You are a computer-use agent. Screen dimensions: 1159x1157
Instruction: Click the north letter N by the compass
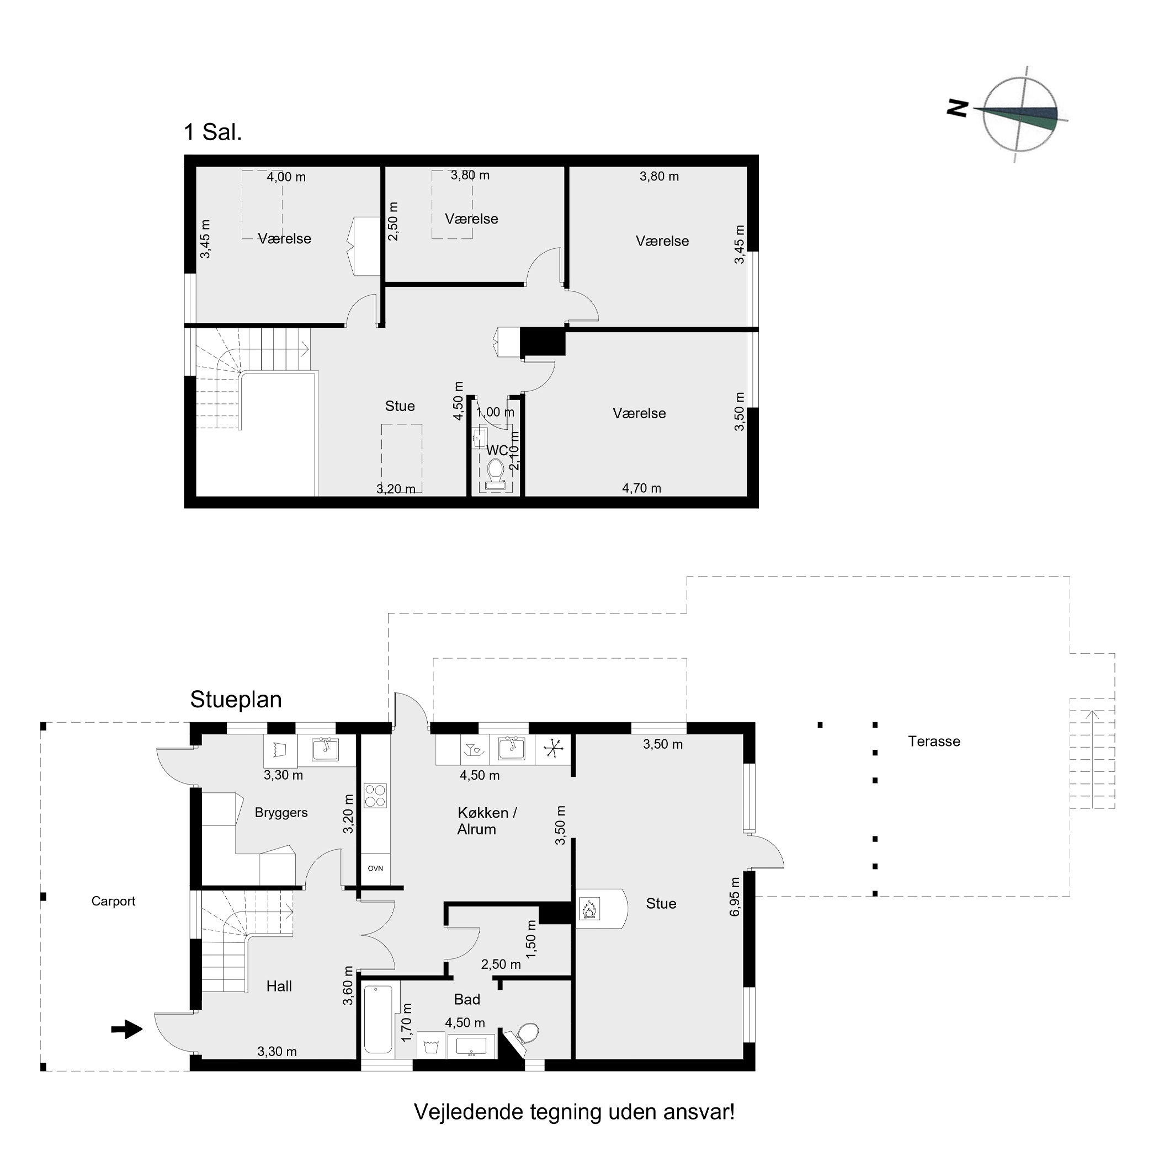pyautogui.click(x=958, y=108)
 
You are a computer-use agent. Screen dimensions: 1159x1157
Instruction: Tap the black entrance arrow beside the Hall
pyautogui.click(x=127, y=1030)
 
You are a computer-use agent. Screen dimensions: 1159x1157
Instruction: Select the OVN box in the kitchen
pyautogui.click(x=375, y=868)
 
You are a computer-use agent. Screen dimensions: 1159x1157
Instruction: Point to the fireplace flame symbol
pyautogui.click(x=589, y=909)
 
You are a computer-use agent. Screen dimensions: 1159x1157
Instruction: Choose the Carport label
pyautogui.click(x=113, y=901)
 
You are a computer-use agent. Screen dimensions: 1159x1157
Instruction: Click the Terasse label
pyautogui.click(x=934, y=742)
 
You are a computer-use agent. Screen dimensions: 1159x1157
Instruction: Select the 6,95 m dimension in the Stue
pyautogui.click(x=735, y=897)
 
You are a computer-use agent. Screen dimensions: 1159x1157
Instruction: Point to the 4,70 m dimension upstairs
pyautogui.click(x=641, y=488)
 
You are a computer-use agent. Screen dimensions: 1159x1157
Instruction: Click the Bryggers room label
pyautogui.click(x=281, y=813)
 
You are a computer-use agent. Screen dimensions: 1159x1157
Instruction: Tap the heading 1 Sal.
pyautogui.click(x=213, y=132)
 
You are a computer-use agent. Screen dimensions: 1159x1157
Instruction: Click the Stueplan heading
pyautogui.click(x=236, y=700)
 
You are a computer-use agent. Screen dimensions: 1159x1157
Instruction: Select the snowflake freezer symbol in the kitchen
pyautogui.click(x=552, y=749)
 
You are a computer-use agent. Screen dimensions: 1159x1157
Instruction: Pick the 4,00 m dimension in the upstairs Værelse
pyautogui.click(x=286, y=177)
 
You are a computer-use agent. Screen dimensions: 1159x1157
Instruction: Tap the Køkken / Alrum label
pyautogui.click(x=487, y=821)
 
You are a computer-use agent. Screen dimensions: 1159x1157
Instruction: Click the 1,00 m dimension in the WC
pyautogui.click(x=496, y=413)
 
